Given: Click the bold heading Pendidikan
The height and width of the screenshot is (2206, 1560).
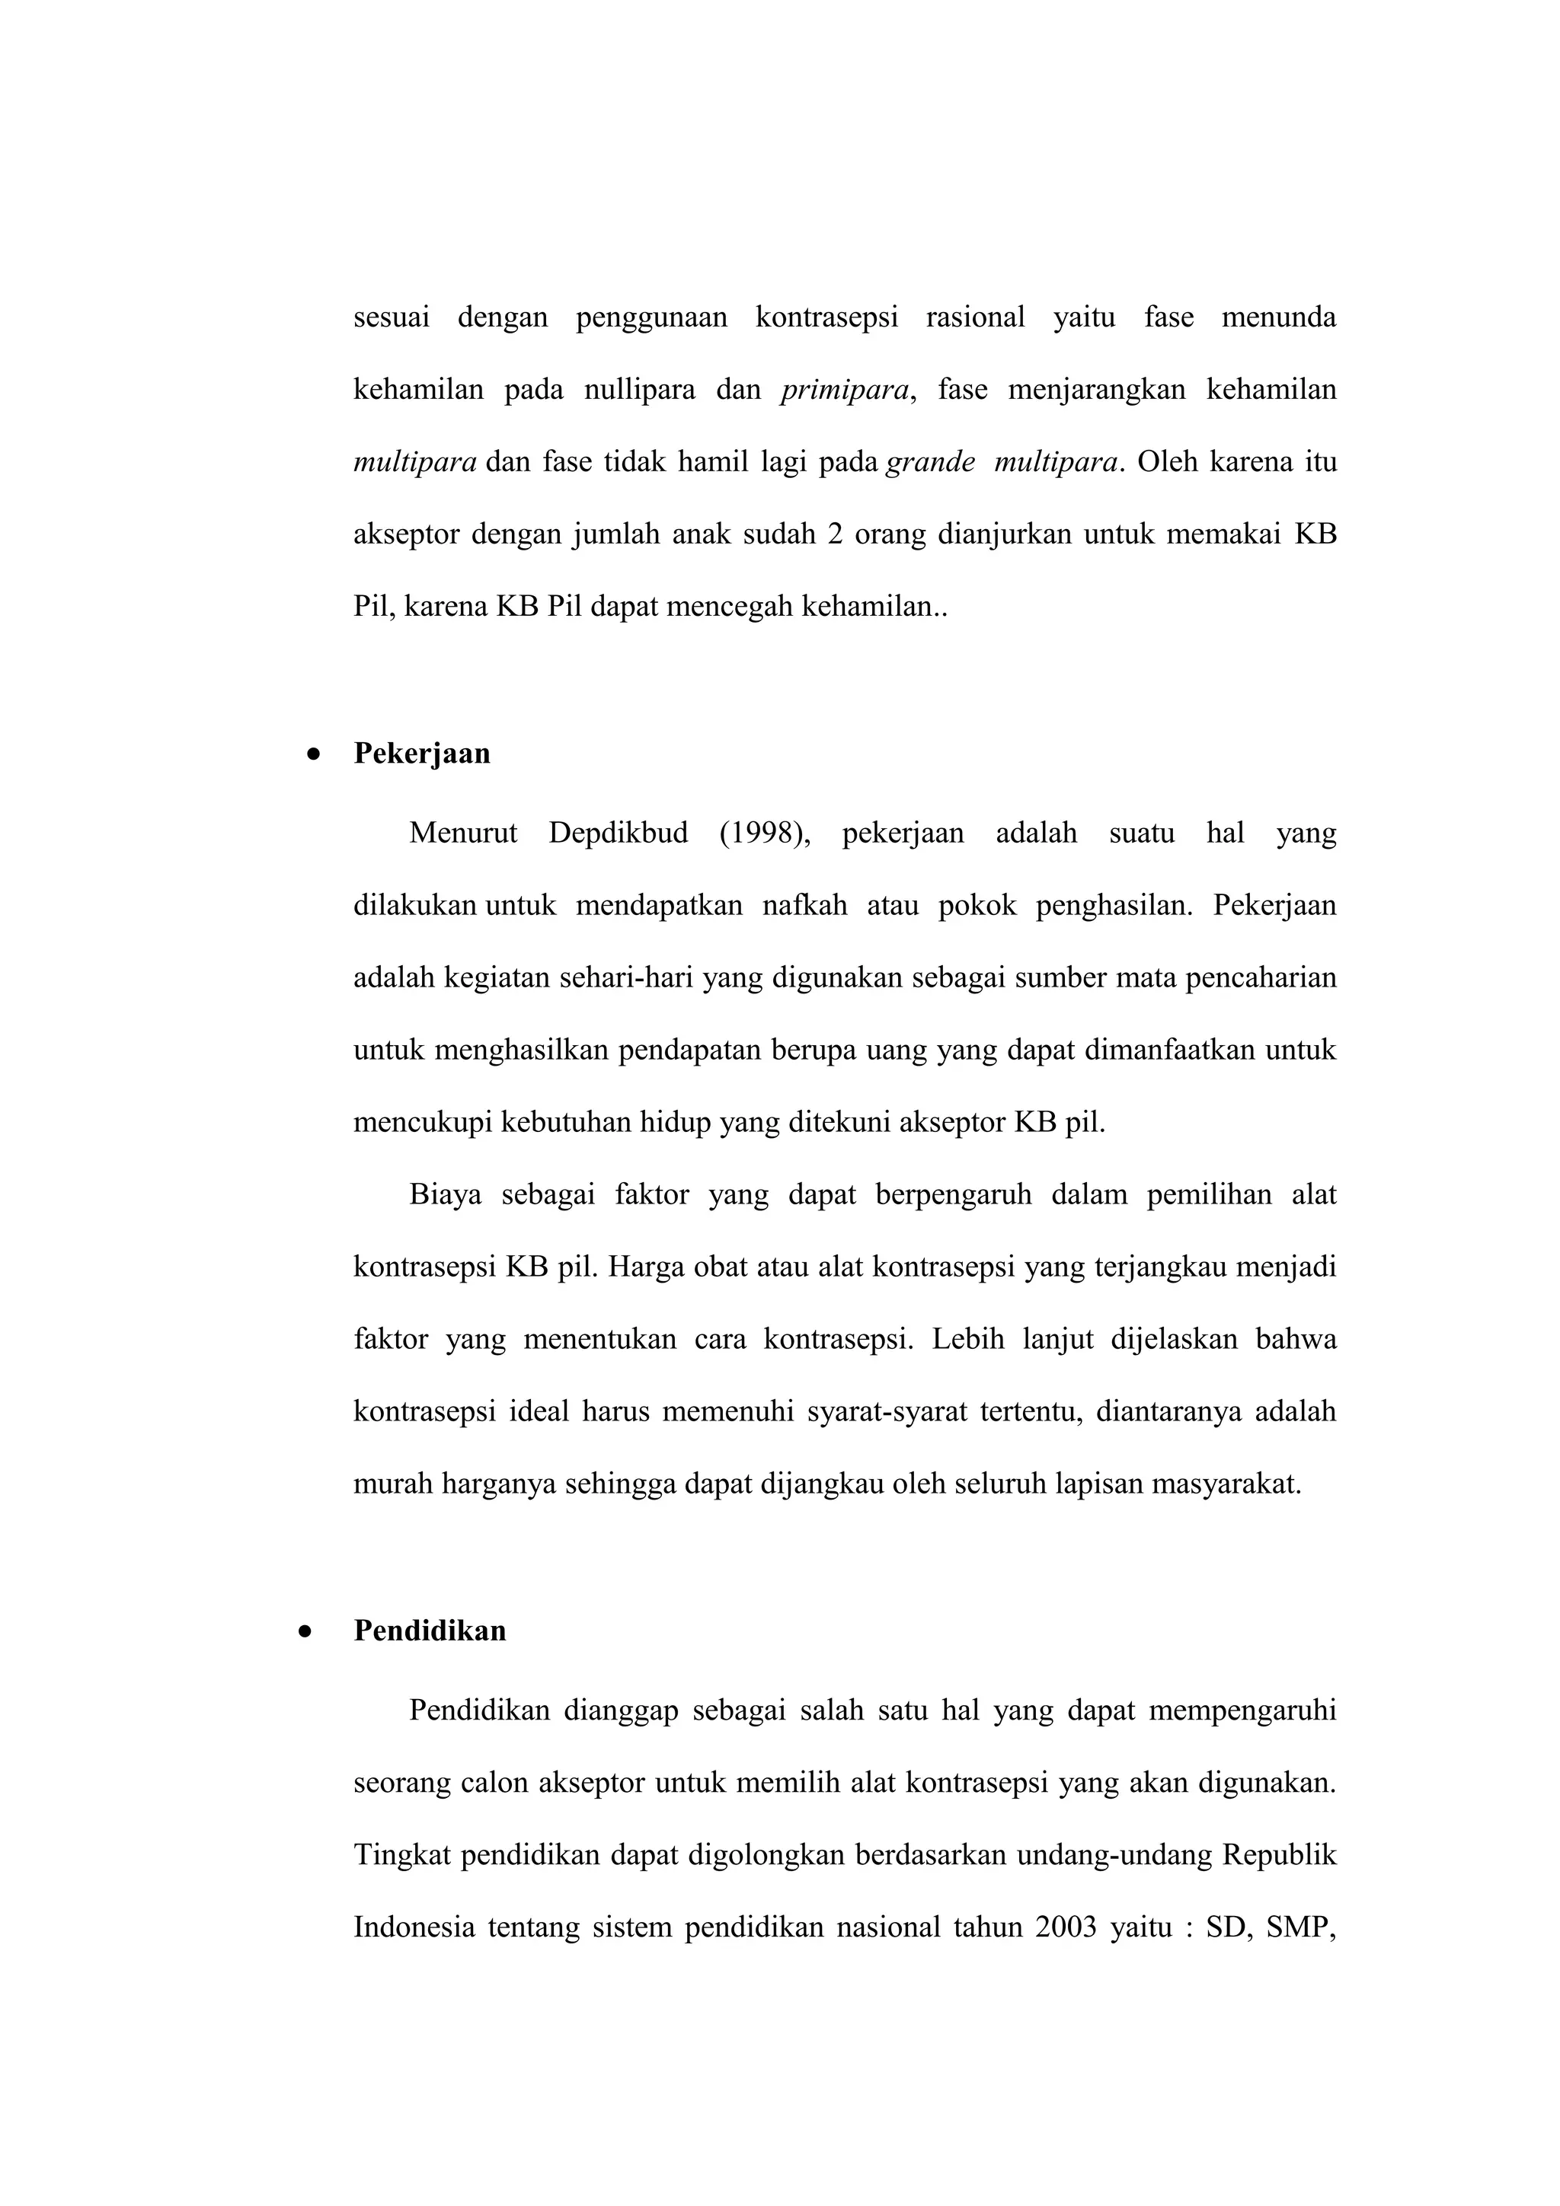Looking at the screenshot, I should pyautogui.click(x=430, y=1631).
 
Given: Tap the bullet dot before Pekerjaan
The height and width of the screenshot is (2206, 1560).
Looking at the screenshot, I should pyautogui.click(x=312, y=755).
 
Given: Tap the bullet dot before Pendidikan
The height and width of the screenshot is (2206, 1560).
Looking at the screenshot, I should pyautogui.click(x=305, y=1631).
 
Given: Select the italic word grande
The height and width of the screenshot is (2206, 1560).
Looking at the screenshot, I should pyautogui.click(x=929, y=462).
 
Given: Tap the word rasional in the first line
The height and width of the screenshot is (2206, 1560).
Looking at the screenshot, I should pyautogui.click(x=975, y=317).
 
